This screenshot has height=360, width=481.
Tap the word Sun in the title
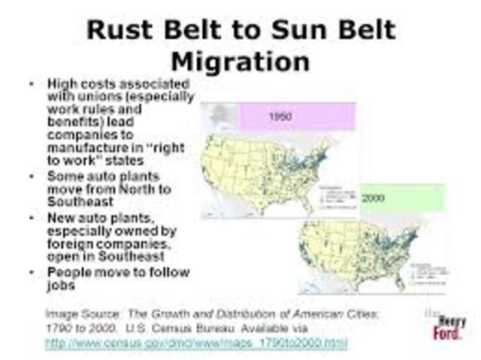(x=295, y=32)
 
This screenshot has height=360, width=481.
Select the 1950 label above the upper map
(x=280, y=116)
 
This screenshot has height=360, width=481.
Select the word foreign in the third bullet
(x=69, y=244)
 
